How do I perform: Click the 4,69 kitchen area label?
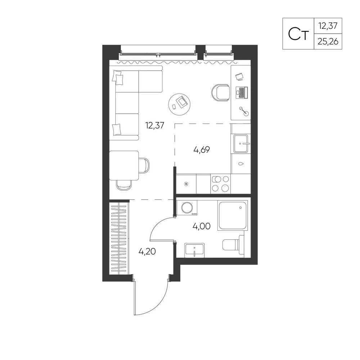pyautogui.click(x=202, y=150)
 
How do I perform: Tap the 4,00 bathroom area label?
pyautogui.click(x=201, y=226)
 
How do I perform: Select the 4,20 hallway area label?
pyautogui.click(x=147, y=251)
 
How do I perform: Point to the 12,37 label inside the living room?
pyautogui.click(x=155, y=125)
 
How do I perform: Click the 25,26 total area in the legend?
pyautogui.click(x=328, y=41)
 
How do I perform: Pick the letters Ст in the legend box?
pyautogui.click(x=298, y=34)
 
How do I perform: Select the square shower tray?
pyautogui.click(x=233, y=215)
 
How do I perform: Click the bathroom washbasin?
pyautogui.click(x=194, y=250)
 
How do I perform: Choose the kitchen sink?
pyautogui.click(x=241, y=144)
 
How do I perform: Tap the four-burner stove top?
pyautogui.click(x=220, y=184)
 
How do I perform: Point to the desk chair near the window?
pyautogui.click(x=220, y=93)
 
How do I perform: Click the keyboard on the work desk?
pyautogui.click(x=241, y=93)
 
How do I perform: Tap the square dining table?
pyautogui.click(x=124, y=165)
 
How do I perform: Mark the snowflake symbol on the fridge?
pyautogui.click(x=186, y=184)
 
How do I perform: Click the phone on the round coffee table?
pyautogui.click(x=174, y=107)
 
